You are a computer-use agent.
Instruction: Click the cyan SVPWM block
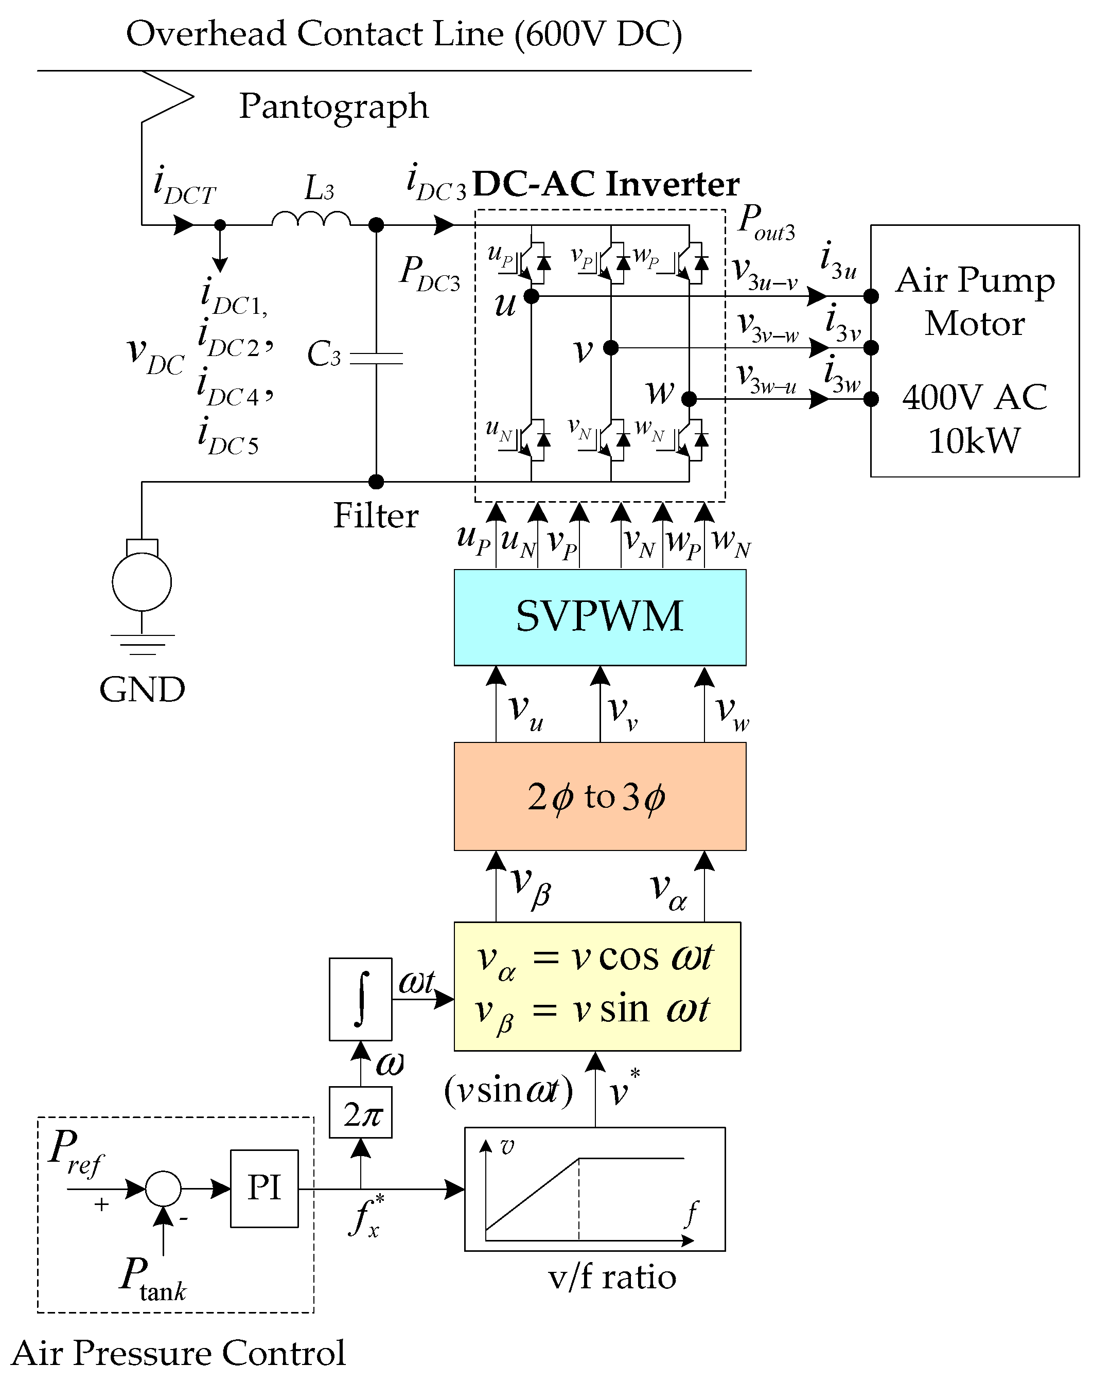[600, 617]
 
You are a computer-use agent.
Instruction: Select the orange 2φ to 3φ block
[600, 796]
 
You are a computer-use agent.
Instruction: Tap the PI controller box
[265, 1189]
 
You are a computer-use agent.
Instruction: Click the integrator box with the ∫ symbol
[360, 999]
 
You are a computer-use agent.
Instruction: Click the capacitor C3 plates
[376, 358]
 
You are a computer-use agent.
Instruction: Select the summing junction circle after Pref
[163, 1189]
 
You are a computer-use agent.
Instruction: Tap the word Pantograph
[333, 106]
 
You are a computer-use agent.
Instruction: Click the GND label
[142, 689]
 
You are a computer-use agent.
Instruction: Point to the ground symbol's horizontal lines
[142, 644]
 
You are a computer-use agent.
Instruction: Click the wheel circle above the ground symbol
[142, 582]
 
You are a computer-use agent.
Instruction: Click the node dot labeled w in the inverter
[689, 399]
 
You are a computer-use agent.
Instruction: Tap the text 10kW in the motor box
[974, 441]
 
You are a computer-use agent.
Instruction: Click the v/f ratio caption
[612, 1277]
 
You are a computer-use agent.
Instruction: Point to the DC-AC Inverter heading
[605, 184]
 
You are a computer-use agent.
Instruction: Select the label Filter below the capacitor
[376, 516]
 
